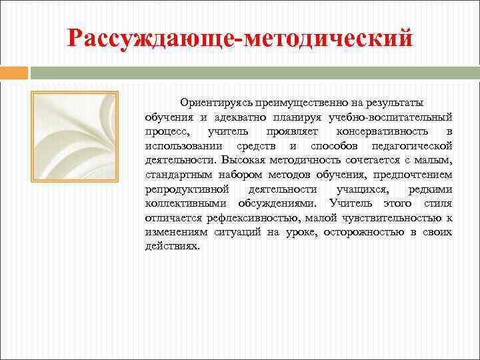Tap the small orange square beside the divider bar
tap(14, 72)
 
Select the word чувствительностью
tap(392, 217)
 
